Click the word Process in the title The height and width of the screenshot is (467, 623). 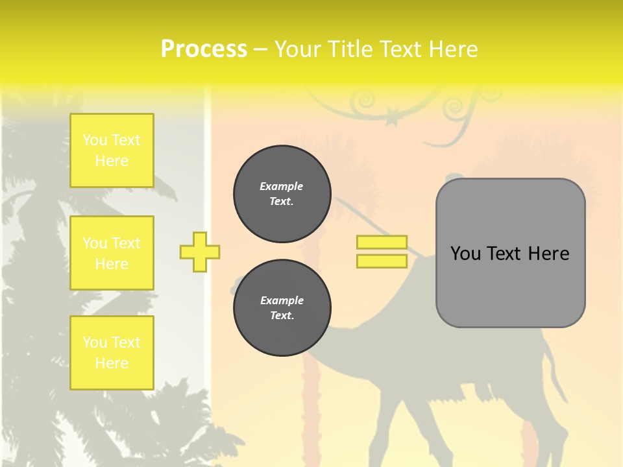[204, 49]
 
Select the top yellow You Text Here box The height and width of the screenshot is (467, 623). [112, 150]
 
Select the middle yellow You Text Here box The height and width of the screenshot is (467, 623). [112, 253]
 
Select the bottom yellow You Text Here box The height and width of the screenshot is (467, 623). [112, 353]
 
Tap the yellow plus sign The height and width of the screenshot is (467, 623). [200, 252]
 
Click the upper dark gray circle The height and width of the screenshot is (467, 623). [282, 194]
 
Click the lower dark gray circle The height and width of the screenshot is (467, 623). [282, 308]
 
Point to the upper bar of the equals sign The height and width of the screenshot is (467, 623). [382, 243]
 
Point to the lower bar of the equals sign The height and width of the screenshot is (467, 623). [382, 261]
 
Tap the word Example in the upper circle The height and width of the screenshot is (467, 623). [282, 186]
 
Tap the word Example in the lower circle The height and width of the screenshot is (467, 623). [282, 300]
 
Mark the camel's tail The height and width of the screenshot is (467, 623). [556, 383]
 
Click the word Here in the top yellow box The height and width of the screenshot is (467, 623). [112, 161]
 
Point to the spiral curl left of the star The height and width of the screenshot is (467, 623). [361, 101]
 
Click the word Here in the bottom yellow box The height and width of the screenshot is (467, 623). [112, 363]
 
